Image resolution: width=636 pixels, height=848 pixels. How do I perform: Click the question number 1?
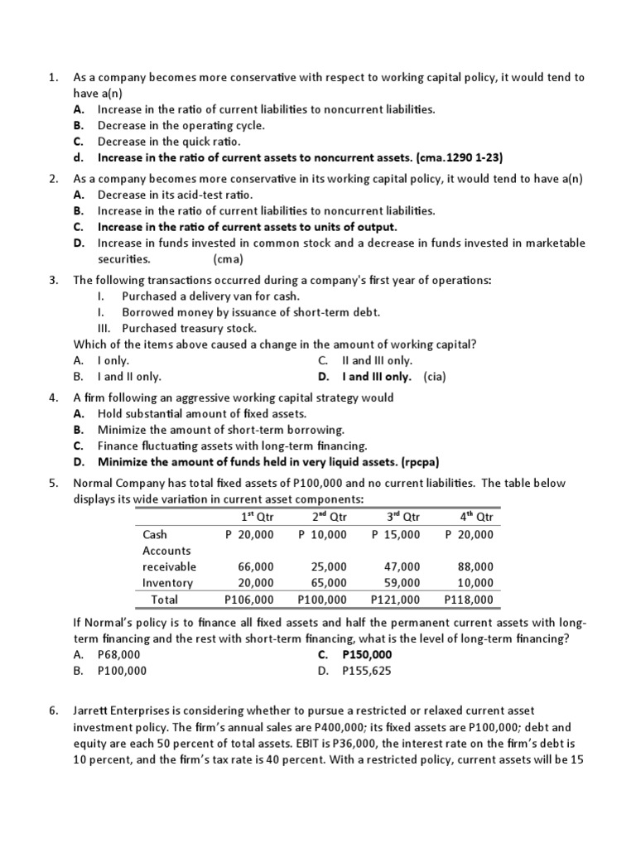pyautogui.click(x=52, y=77)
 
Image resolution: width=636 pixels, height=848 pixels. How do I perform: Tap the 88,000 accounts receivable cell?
pyautogui.click(x=475, y=566)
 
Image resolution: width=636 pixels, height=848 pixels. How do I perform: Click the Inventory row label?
pyautogui.click(x=167, y=583)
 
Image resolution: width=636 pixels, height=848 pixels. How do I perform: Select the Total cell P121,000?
pyautogui.click(x=395, y=600)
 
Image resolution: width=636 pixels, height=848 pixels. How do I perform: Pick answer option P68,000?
pyautogui.click(x=119, y=654)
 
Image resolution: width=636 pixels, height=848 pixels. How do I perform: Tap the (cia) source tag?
pyautogui.click(x=435, y=376)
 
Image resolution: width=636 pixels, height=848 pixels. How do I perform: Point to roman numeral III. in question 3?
pyautogui.click(x=104, y=328)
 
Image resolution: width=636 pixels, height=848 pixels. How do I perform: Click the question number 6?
pyautogui.click(x=52, y=711)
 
